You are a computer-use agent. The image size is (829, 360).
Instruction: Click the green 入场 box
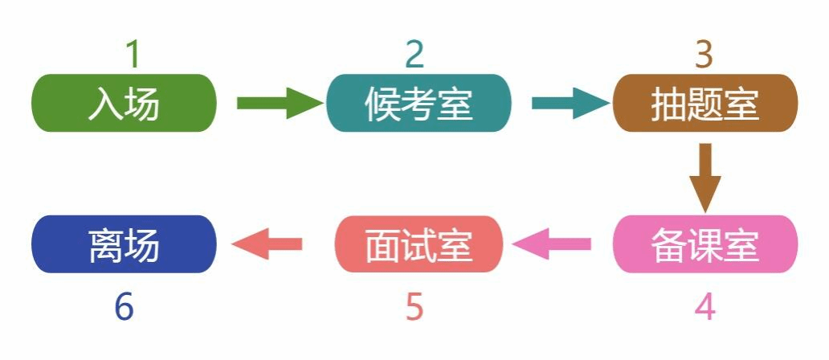click(124, 103)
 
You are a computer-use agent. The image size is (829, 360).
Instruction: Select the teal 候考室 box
click(419, 103)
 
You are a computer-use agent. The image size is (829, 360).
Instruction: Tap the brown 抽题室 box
click(705, 103)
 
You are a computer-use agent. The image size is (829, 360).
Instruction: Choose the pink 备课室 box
click(705, 244)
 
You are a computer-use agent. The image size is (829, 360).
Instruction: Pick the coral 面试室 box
click(419, 244)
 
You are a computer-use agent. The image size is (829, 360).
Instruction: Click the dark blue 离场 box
click(124, 244)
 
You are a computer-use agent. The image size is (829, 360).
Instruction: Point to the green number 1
click(133, 55)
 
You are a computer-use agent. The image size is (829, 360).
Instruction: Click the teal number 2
click(414, 55)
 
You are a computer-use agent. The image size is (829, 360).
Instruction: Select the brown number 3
click(704, 55)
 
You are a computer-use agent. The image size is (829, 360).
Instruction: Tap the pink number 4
click(704, 307)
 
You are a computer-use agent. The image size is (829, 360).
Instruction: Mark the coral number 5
click(414, 307)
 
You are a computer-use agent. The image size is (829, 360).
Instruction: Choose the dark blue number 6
click(124, 307)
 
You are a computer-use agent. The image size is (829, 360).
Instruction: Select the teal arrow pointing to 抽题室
click(570, 103)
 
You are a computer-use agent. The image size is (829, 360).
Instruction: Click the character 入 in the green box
click(105, 104)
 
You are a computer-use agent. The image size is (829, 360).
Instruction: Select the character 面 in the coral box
click(382, 245)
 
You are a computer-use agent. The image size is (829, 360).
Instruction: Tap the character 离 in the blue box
click(105, 245)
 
